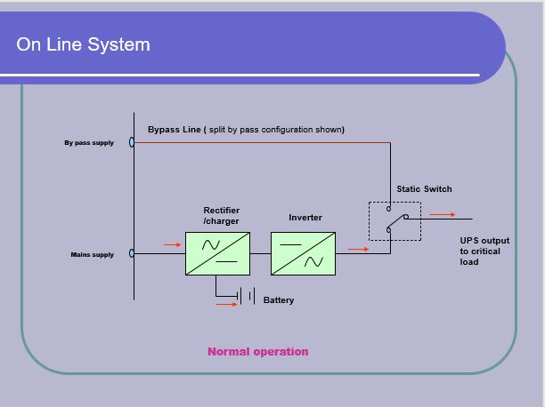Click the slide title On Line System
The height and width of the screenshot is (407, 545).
click(x=83, y=44)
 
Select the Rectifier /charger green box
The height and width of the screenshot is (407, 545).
click(x=217, y=253)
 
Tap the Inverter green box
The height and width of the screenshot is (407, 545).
click(x=303, y=253)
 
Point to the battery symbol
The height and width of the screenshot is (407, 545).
click(x=246, y=296)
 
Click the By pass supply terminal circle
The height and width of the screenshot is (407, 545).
click(x=132, y=142)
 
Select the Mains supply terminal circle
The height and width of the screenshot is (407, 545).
click(x=132, y=253)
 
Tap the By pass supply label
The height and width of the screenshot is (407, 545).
click(x=89, y=142)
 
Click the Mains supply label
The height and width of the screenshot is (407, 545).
click(x=92, y=255)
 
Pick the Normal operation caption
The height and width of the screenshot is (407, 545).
click(x=258, y=352)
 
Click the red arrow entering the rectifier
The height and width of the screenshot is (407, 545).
click(x=173, y=244)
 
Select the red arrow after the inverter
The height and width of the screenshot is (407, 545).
click(x=358, y=249)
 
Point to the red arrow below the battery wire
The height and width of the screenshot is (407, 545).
click(x=226, y=305)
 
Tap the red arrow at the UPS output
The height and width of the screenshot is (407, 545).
click(x=443, y=215)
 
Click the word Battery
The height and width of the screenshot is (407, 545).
click(x=279, y=300)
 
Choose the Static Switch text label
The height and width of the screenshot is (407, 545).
click(x=425, y=189)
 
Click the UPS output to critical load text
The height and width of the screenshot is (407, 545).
click(x=484, y=251)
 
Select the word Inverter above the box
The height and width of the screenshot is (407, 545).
click(x=305, y=218)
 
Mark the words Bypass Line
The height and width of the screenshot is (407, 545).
click(x=175, y=130)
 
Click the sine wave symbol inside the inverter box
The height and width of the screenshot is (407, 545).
click(x=313, y=261)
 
